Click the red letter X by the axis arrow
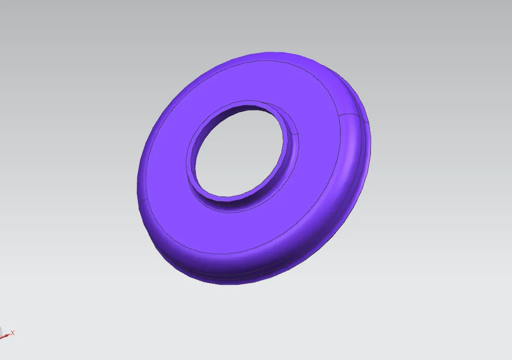tap(13, 332)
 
